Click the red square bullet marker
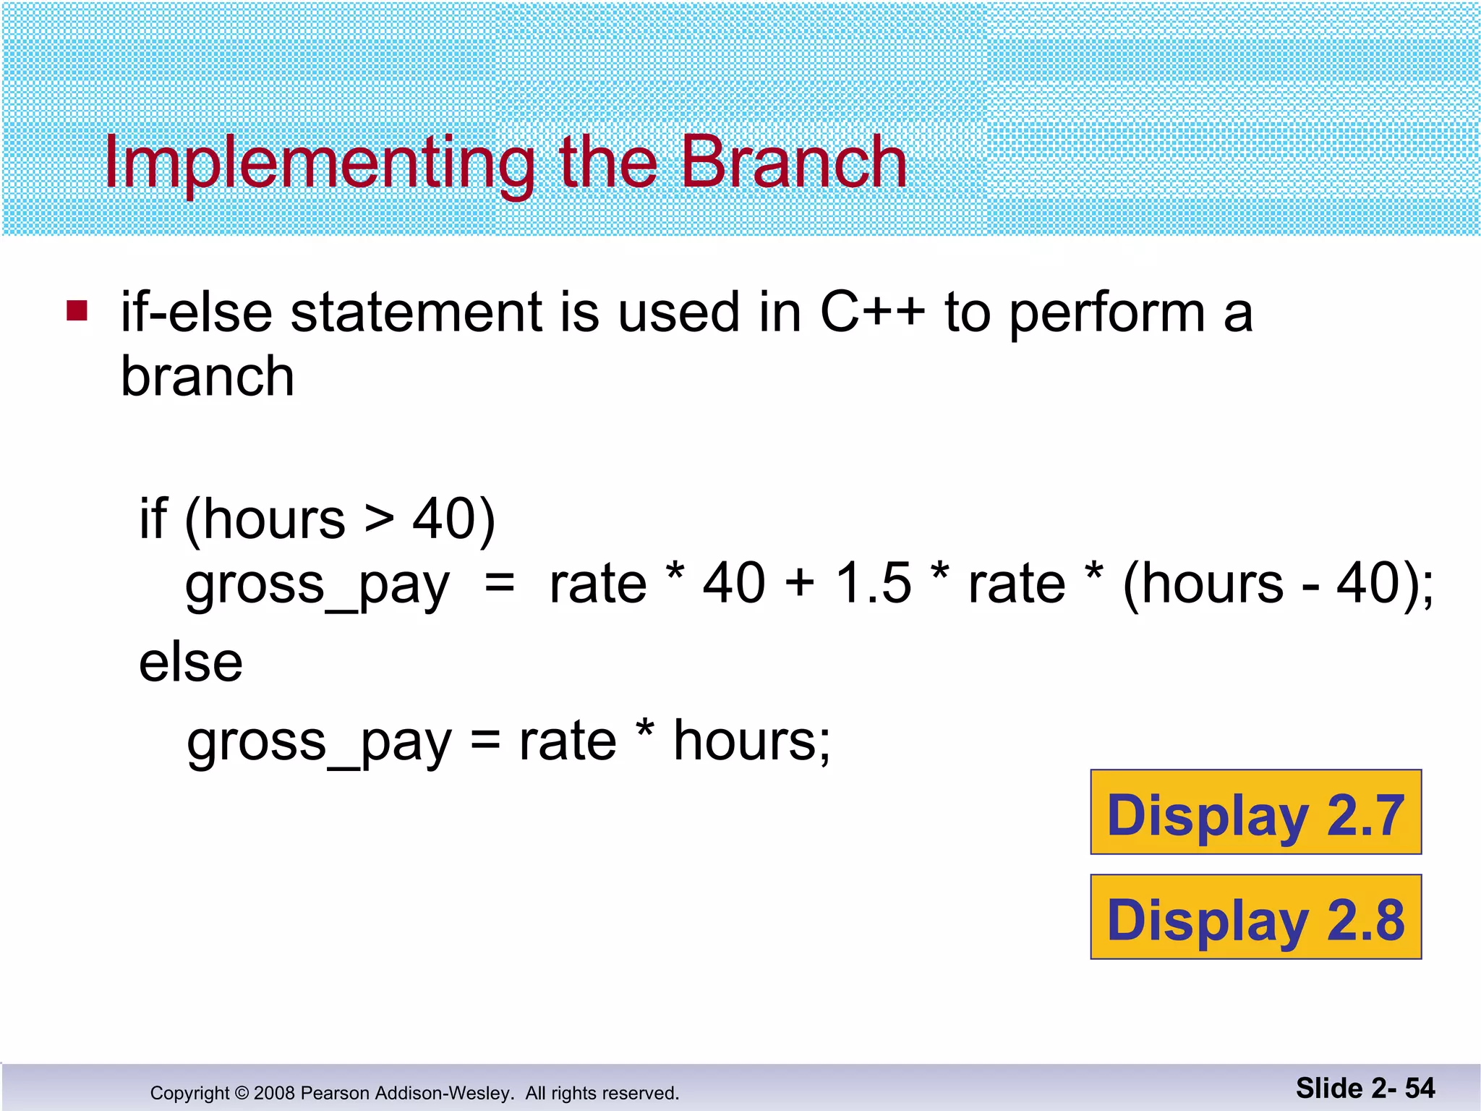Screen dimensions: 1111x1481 [x=77, y=310]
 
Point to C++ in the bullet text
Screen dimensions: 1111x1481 [x=872, y=312]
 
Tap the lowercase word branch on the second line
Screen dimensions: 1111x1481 [x=207, y=377]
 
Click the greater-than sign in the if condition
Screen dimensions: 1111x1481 [x=379, y=519]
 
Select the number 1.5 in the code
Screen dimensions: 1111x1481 [x=873, y=583]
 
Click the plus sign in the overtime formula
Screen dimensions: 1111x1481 [x=800, y=583]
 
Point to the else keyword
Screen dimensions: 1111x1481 [x=190, y=663]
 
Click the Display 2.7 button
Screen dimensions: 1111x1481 [x=1255, y=812]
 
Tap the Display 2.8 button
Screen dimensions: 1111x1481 [x=1255, y=917]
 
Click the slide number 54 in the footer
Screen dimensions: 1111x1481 [x=1420, y=1088]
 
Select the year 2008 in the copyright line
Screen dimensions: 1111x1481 [x=274, y=1093]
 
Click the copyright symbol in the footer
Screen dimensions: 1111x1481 [x=242, y=1093]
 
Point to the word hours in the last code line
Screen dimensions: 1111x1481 [x=744, y=741]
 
